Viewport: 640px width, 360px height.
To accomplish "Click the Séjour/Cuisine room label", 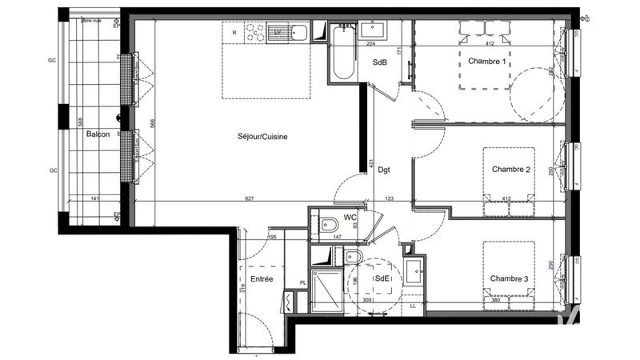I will pos(262,137).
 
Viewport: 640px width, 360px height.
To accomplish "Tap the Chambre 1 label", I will pos(487,62).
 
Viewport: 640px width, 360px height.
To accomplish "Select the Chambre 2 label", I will pos(511,170).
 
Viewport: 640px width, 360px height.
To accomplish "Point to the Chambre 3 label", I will pos(510,278).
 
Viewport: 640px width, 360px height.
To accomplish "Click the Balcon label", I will pos(98,134).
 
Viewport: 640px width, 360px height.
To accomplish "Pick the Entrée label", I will pos(262,279).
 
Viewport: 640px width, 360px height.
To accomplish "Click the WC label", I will pos(350,218).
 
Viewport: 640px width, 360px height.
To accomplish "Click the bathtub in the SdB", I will pos(343,53).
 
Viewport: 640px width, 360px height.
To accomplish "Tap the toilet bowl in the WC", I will pos(329,227).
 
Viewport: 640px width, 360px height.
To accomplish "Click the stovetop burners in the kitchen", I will pos(255,33).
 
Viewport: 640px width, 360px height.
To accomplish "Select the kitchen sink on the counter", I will pos(299,33).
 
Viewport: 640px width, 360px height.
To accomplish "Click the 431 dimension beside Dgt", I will pos(372,164).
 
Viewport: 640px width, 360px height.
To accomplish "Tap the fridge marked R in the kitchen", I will pos(234,33).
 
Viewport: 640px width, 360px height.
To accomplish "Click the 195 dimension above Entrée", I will pos(271,238).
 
